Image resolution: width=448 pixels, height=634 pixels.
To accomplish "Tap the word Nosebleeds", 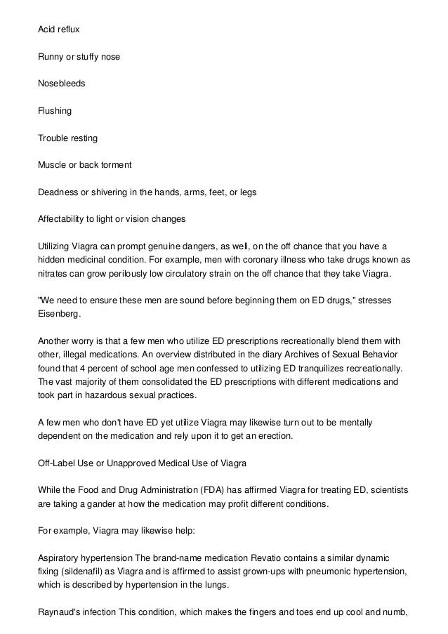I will (61, 83).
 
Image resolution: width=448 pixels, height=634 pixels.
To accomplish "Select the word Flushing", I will (54, 110).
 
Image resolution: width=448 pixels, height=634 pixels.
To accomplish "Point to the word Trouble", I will (53, 138).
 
